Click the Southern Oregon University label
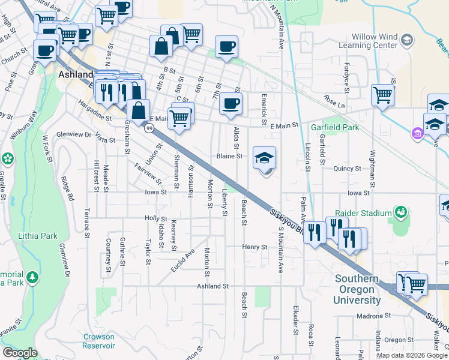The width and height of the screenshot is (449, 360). tap(357, 289)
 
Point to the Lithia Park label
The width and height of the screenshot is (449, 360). tap(38, 236)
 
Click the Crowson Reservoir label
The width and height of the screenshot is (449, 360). tap(99, 341)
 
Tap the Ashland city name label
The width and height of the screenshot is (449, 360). tap(76, 75)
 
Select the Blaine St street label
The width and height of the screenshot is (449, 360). tap(229, 156)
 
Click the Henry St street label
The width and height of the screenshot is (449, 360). tap(255, 247)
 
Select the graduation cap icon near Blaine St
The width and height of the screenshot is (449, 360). tap(264, 158)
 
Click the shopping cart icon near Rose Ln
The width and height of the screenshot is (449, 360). tap(382, 94)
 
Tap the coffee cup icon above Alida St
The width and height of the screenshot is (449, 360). tap(231, 104)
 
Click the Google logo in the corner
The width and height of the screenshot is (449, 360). tap(19, 353)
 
